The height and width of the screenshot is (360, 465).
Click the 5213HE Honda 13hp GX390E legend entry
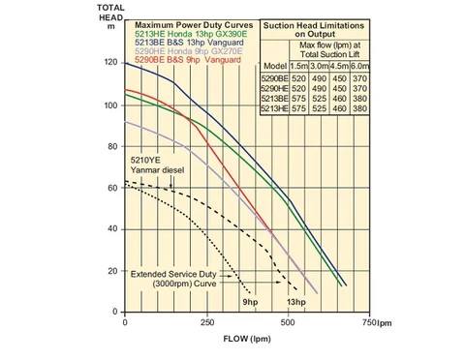[x=191, y=34]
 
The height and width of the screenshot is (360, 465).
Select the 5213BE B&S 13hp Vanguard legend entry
[x=189, y=43]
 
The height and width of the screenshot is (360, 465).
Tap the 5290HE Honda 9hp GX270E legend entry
[x=189, y=51]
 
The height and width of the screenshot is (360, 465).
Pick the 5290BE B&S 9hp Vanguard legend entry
[x=188, y=60]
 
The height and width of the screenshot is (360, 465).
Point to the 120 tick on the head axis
[x=111, y=62]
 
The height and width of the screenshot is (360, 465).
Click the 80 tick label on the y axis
[x=112, y=146]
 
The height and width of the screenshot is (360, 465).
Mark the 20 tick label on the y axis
[x=112, y=271]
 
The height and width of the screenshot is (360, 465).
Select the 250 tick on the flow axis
[x=207, y=322]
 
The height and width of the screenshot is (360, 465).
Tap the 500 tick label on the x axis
[x=288, y=322]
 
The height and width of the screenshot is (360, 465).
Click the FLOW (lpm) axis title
[x=247, y=339]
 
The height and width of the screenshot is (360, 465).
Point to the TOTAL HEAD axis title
[x=110, y=16]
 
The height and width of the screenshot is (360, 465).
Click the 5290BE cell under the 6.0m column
[x=359, y=78]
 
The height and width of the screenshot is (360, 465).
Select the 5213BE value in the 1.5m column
[x=298, y=99]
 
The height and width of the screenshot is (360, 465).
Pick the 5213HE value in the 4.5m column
[x=339, y=108]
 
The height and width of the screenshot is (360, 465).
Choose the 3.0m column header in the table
[x=319, y=66]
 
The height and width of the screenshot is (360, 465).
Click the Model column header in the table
[x=275, y=66]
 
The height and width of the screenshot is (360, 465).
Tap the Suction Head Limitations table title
[x=314, y=30]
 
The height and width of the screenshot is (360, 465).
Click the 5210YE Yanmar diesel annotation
[x=157, y=165]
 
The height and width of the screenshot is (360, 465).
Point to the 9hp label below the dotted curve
[x=250, y=302]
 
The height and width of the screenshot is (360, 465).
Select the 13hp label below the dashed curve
[x=296, y=302]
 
